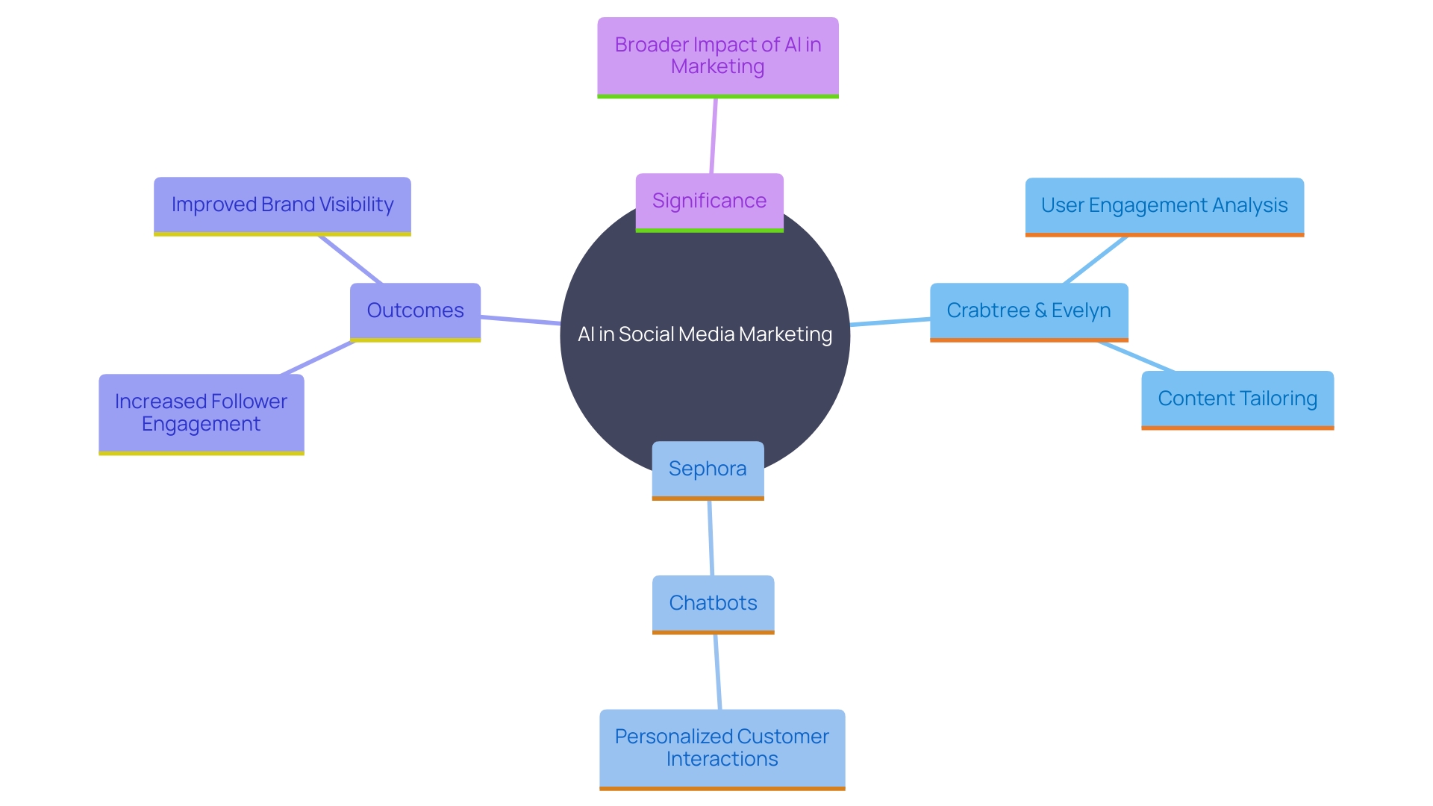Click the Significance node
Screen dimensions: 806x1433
click(x=709, y=201)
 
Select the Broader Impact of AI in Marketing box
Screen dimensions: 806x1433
click(x=717, y=56)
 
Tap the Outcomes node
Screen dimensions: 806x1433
click(x=415, y=310)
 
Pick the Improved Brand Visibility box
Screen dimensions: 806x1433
click(x=282, y=205)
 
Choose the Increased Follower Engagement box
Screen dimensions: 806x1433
click(x=201, y=413)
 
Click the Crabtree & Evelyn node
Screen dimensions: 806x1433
click(x=1028, y=310)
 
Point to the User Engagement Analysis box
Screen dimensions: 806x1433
click(x=1164, y=205)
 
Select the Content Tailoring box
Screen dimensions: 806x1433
click(x=1237, y=399)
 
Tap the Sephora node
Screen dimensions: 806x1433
click(x=708, y=469)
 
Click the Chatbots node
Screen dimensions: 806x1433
click(x=713, y=603)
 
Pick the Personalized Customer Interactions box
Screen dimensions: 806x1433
click(x=722, y=748)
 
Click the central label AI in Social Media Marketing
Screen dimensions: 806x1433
click(x=705, y=334)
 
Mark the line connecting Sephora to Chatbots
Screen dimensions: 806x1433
click(x=711, y=537)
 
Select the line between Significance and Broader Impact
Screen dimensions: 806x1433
click(x=714, y=136)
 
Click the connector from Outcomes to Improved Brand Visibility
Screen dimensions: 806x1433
click(x=351, y=260)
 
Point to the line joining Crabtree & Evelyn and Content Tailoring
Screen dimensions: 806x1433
click(x=1136, y=356)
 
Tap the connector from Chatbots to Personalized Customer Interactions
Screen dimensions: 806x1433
click(x=717, y=672)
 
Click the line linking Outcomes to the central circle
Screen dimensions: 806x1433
click(x=520, y=320)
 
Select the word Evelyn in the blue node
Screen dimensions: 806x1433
click(x=1081, y=310)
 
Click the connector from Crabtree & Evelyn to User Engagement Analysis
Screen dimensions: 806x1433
click(x=1095, y=260)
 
